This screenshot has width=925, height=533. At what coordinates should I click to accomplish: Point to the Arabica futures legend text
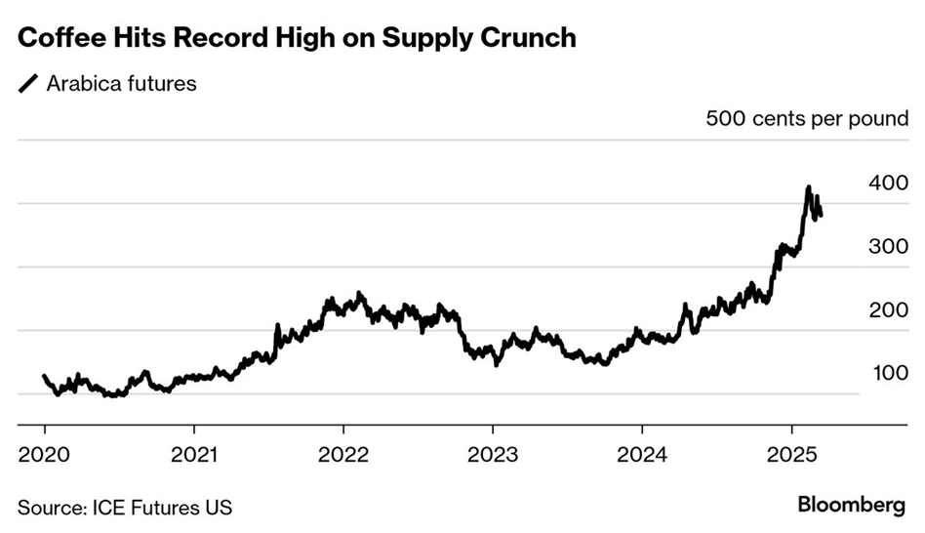click(x=121, y=84)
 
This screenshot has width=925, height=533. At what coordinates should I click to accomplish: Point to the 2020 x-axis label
click(x=45, y=455)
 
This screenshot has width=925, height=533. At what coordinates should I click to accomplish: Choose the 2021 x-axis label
click(x=194, y=455)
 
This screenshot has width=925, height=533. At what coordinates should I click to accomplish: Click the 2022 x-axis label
click(x=343, y=455)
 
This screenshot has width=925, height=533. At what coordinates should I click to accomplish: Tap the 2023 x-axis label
click(x=493, y=455)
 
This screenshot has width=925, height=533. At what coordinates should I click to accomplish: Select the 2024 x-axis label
click(x=642, y=455)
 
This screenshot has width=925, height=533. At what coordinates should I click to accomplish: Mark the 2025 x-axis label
click(x=791, y=455)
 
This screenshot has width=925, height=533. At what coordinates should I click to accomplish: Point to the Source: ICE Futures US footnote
click(x=125, y=507)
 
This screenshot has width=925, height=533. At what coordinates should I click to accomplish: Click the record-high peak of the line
click(x=808, y=187)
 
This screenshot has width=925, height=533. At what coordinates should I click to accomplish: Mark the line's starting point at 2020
click(x=45, y=376)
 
